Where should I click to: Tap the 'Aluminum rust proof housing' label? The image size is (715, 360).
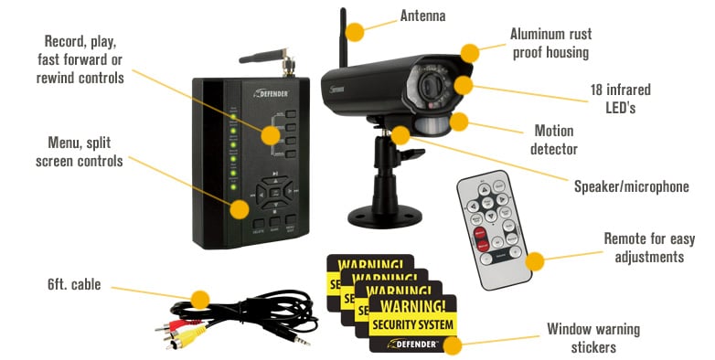coord(550,44)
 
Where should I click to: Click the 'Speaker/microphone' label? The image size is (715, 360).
coord(631,186)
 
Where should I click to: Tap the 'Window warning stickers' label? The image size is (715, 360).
coord(592,338)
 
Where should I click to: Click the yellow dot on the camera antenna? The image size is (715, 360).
coord(354,31)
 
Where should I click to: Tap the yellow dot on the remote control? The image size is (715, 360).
coord(535,261)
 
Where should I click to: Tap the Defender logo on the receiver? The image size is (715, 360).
coord(273,92)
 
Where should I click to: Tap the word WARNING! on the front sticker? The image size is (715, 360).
coord(414,304)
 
